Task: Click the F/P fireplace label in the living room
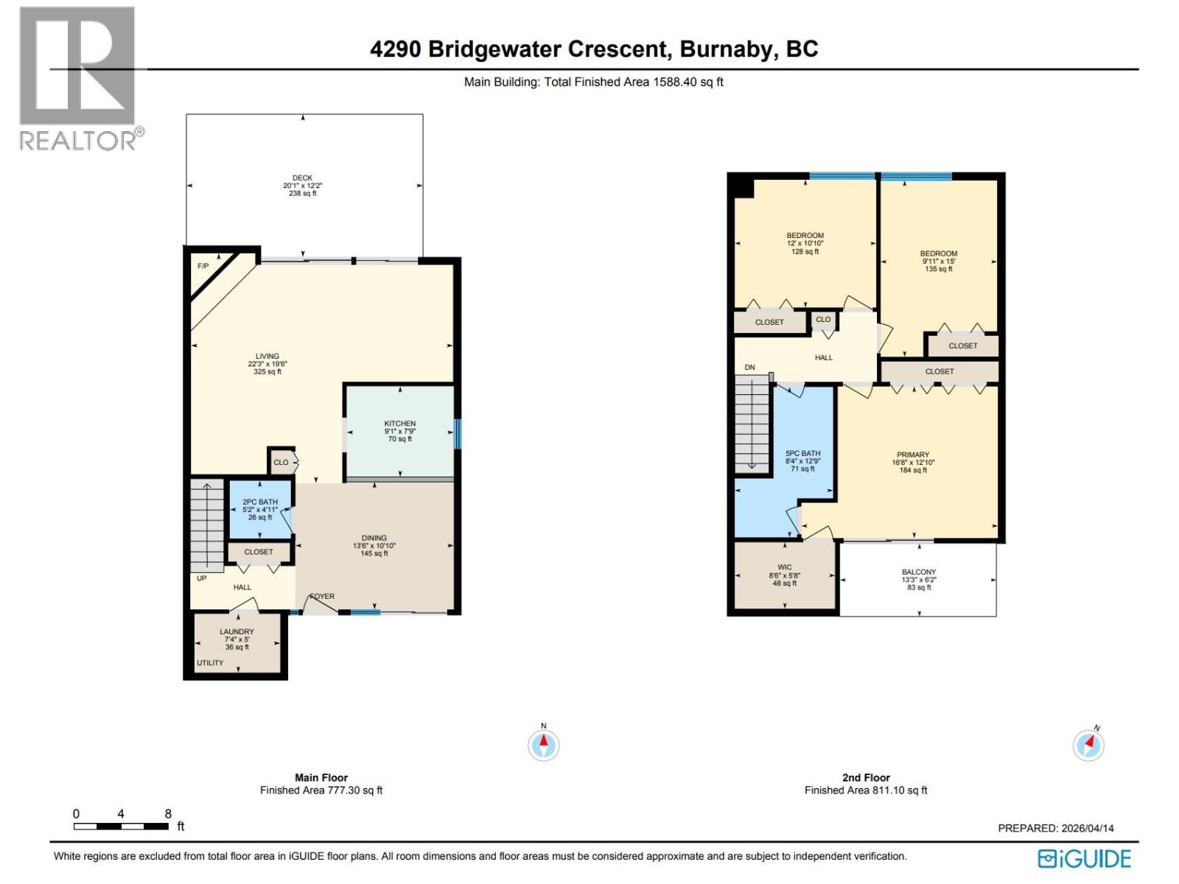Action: [203, 266]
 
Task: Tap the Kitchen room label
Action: [399, 424]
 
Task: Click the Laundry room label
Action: [237, 631]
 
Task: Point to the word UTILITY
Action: [210, 663]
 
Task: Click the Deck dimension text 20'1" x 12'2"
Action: [302, 186]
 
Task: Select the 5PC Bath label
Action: [802, 454]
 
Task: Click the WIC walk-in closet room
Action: [785, 575]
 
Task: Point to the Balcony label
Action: [919, 572]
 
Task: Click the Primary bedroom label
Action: [913, 455]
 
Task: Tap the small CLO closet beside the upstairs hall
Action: [823, 320]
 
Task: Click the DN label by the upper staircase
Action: [749, 368]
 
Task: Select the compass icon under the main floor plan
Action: [544, 746]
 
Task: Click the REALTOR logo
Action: [78, 78]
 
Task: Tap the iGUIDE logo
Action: [1085, 859]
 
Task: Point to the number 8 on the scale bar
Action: [168, 814]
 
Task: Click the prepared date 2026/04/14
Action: [1087, 828]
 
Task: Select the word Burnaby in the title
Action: [727, 49]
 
